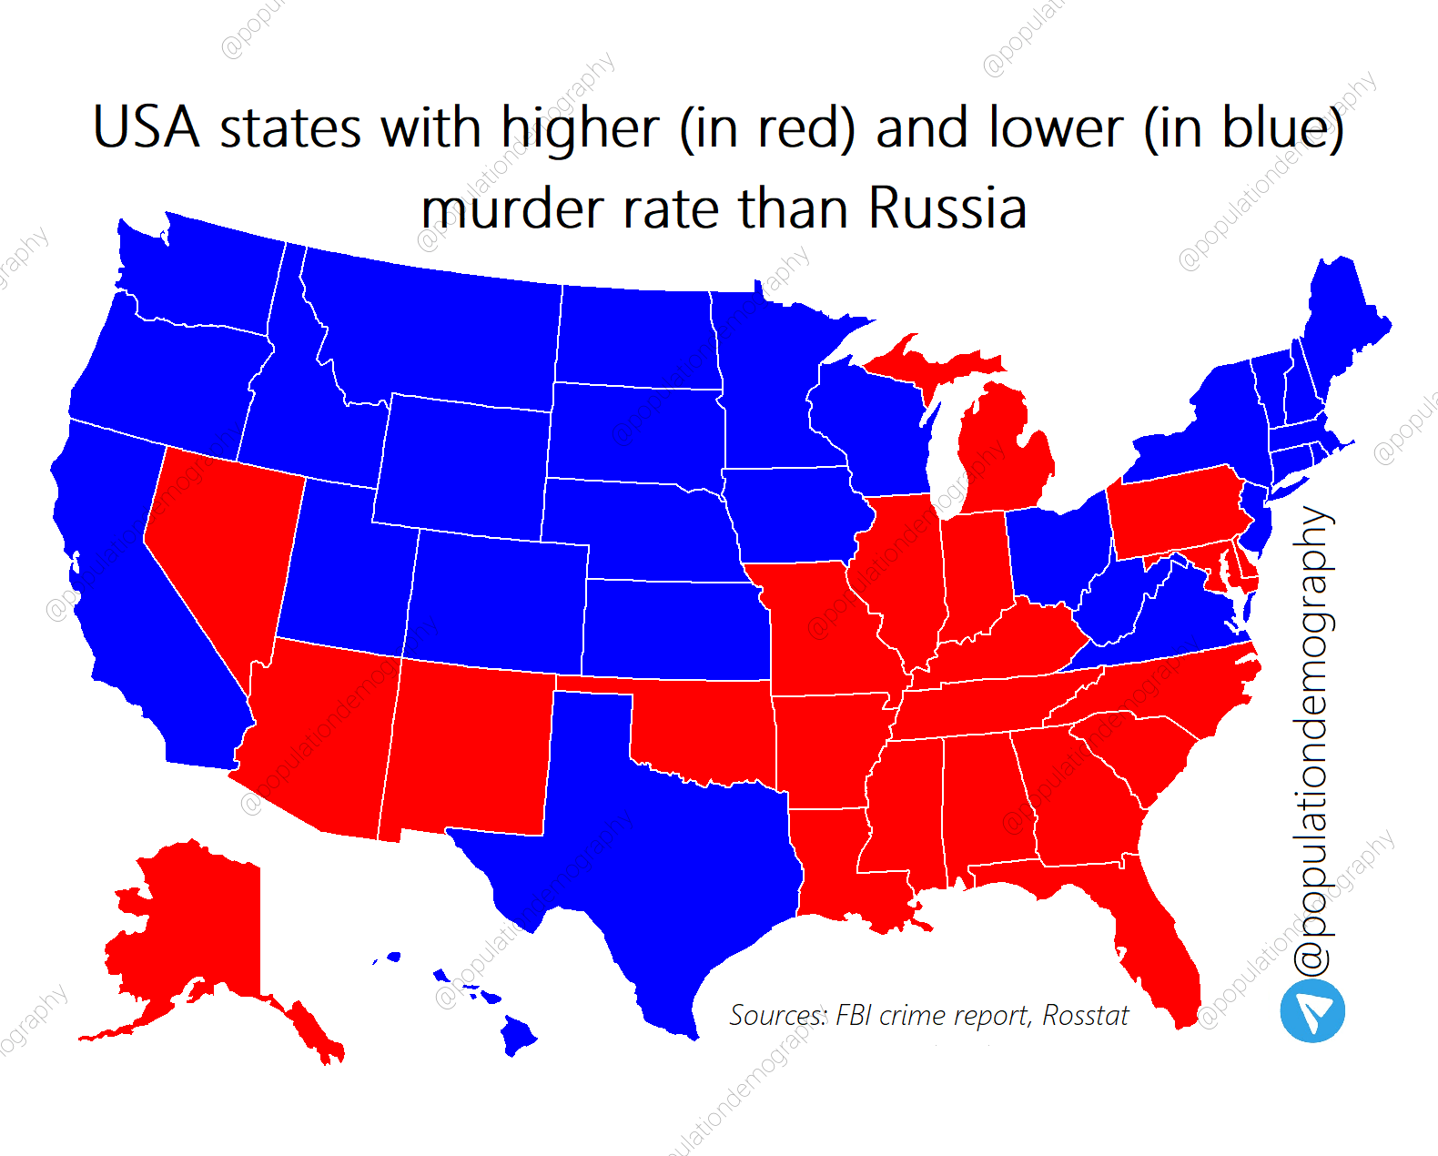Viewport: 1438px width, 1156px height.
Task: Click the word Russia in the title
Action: click(x=947, y=208)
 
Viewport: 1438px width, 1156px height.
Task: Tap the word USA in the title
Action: click(x=146, y=127)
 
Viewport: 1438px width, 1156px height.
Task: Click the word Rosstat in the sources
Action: click(x=1085, y=1015)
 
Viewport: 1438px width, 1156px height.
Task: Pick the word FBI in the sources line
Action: click(x=853, y=1015)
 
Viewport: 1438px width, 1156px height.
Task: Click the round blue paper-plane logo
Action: click(x=1312, y=1011)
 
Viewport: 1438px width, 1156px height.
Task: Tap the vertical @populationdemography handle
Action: click(x=1313, y=737)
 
